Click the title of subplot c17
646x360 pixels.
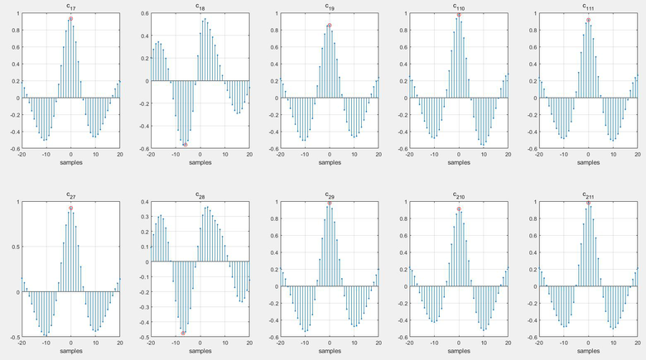pyautogui.click(x=70, y=7)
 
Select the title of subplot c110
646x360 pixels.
pyautogui.click(x=459, y=7)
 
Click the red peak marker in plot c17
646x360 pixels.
pyautogui.click(x=71, y=18)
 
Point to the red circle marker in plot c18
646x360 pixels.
pyautogui.click(x=186, y=145)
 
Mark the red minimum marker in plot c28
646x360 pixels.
pyautogui.click(x=183, y=333)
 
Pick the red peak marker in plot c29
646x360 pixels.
pyautogui.click(x=329, y=204)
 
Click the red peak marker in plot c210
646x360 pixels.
pyautogui.click(x=459, y=209)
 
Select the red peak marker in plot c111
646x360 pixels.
pyautogui.click(x=588, y=20)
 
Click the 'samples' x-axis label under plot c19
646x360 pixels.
pyautogui.click(x=330, y=162)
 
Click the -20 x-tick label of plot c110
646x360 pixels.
pyautogui.click(x=411, y=155)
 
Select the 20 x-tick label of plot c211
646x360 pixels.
pyautogui.click(x=638, y=343)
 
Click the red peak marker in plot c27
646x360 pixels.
pyautogui.click(x=71, y=209)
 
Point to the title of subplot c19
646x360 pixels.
pyautogui.click(x=330, y=7)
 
